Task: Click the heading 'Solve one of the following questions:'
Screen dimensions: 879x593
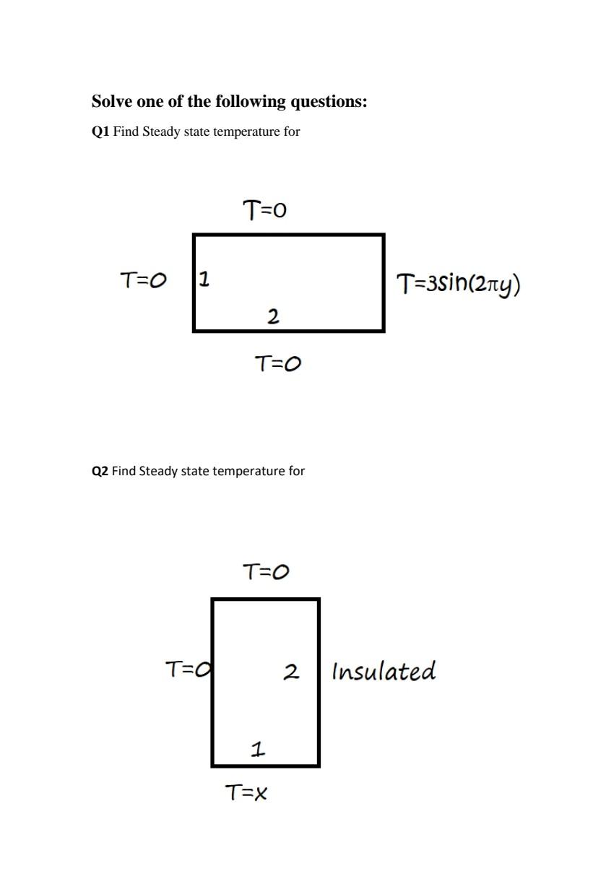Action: pos(229,102)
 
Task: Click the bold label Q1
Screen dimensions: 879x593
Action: pos(100,131)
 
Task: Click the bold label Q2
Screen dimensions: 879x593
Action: pos(100,471)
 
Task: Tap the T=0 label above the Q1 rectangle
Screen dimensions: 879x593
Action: pos(264,210)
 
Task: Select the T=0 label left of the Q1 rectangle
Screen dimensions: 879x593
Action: pos(142,280)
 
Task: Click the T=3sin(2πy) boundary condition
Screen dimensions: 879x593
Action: pos(458,284)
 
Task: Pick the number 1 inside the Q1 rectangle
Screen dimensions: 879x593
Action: pos(204,278)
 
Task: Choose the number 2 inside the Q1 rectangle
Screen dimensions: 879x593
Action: pos(273,316)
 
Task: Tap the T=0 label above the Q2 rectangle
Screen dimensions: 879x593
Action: pos(265,572)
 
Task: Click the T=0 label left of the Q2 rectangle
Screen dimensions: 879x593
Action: pos(187,670)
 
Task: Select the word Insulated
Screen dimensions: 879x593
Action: pos(384,671)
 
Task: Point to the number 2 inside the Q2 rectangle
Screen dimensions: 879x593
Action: pos(290,672)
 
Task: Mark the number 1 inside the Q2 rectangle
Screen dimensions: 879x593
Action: pos(257,749)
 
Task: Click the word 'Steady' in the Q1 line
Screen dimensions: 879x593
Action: pos(160,131)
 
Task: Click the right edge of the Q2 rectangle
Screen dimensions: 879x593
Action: pos(319,683)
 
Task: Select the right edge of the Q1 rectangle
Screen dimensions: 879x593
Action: pos(383,282)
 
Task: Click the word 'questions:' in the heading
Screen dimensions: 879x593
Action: pos(329,102)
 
